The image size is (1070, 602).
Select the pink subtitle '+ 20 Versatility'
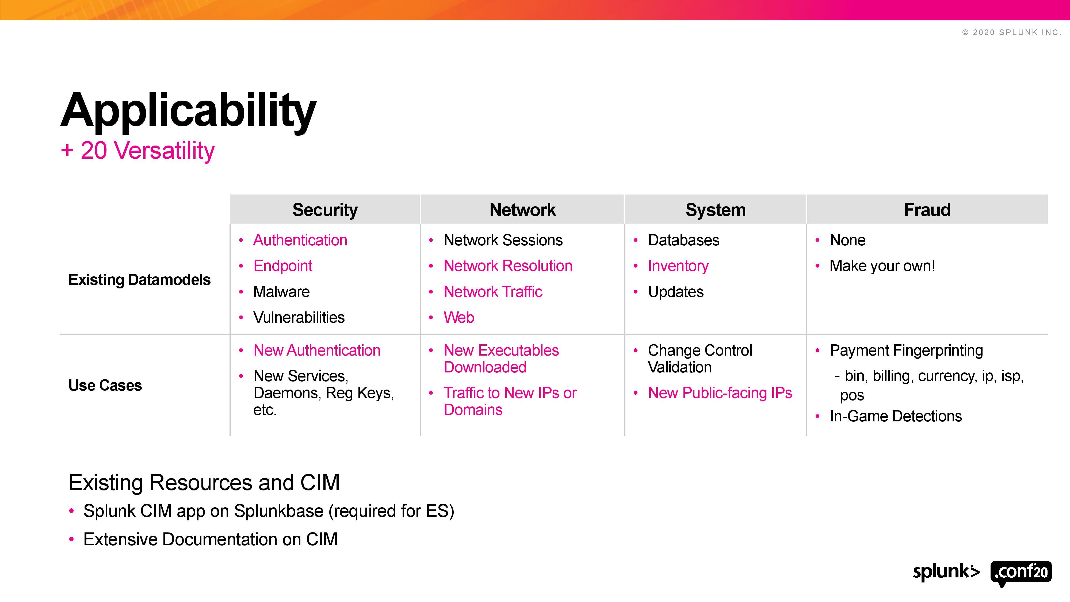[137, 150]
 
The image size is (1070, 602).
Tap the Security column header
[325, 210]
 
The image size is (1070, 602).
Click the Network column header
[522, 210]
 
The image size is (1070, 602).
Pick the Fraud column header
[927, 210]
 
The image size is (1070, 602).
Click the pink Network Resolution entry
[508, 266]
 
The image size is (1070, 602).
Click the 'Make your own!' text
[882, 266]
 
